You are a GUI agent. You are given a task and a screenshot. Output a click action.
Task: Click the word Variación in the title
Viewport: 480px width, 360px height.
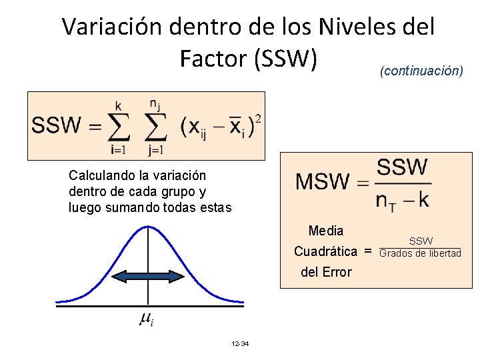point(112,27)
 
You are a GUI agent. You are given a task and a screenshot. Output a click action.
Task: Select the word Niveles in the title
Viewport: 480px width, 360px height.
point(351,27)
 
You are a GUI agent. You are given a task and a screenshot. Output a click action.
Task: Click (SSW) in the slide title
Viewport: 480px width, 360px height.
point(283,59)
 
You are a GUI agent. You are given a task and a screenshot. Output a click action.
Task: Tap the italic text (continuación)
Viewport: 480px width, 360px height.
point(421,70)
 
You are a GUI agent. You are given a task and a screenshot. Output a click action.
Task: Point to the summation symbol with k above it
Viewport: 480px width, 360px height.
point(117,126)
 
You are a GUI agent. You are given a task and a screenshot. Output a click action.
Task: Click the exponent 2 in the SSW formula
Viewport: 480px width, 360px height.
point(257,118)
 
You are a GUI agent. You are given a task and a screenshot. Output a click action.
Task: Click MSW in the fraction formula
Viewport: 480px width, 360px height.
point(323,181)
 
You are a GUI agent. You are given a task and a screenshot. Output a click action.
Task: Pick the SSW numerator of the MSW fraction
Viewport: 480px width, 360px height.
point(402,167)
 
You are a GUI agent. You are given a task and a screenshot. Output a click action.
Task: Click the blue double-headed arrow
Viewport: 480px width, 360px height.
point(147,276)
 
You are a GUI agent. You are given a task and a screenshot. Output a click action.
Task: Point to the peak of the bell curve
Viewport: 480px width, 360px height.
point(148,227)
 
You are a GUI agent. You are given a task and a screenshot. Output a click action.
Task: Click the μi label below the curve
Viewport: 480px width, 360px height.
point(147,320)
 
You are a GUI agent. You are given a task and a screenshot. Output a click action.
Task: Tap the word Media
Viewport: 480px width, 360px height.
point(326,231)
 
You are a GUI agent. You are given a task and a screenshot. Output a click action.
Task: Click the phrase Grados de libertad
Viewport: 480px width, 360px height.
point(420,253)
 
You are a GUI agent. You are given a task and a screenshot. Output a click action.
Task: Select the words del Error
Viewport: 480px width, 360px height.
point(326,272)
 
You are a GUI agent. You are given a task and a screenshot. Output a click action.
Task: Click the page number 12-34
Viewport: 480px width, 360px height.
point(239,344)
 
